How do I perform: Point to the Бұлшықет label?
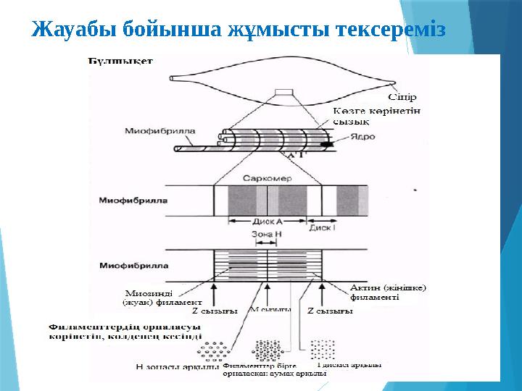pyautogui.click(x=120, y=62)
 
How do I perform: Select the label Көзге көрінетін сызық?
pyautogui.click(x=376, y=117)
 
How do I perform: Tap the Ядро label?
pyautogui.click(x=362, y=136)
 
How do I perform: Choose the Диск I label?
pyautogui.click(x=322, y=227)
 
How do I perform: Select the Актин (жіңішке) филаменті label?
pyautogui.click(x=388, y=292)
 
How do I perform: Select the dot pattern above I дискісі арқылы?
pyautogui.click(x=323, y=349)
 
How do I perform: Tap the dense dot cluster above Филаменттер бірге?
pyautogui.click(x=269, y=350)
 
